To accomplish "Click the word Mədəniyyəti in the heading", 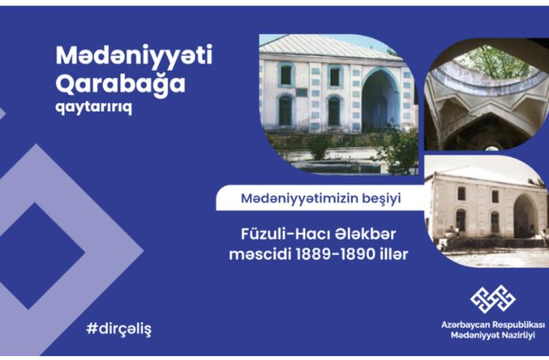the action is coord(134,56).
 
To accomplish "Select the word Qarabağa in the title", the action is coord(120,84).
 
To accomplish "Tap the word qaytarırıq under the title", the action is coord(94,107).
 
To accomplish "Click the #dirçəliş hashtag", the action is coord(119,329).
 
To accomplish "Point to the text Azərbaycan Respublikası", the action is coord(493,325).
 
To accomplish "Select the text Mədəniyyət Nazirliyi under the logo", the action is coord(493,335).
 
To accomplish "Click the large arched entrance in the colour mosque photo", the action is coord(380,100).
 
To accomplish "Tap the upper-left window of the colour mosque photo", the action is coord(286,75).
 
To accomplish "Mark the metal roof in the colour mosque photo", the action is coord(327,46).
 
